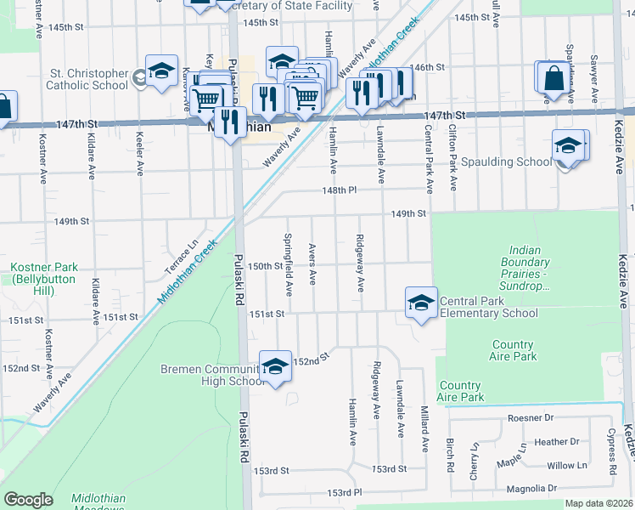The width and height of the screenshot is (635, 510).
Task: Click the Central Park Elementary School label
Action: point(488,307)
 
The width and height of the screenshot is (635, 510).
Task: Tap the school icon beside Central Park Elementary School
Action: point(421,303)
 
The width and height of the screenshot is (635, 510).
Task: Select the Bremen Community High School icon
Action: point(275,366)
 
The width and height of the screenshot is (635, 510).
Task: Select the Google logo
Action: point(28,500)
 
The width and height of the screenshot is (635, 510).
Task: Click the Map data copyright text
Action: point(599,503)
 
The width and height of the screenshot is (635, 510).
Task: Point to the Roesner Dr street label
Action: point(530,417)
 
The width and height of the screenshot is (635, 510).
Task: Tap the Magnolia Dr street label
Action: point(528,488)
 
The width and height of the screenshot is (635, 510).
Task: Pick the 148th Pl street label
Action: point(337,190)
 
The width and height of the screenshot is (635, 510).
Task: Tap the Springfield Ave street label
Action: point(289,264)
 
